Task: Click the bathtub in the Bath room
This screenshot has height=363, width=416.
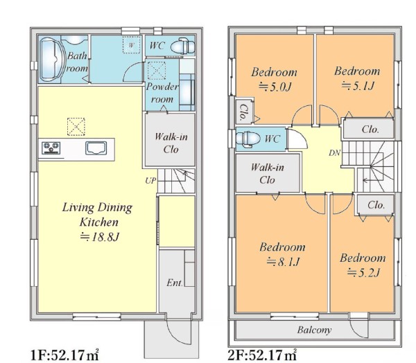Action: point(52,60)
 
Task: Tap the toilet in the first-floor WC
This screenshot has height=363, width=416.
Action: point(182,46)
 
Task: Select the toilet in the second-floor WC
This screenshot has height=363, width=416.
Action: point(248,139)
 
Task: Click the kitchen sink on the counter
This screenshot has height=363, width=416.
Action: point(96,148)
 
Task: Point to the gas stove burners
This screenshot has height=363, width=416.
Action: point(51,148)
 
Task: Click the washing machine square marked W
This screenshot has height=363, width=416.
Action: point(132,45)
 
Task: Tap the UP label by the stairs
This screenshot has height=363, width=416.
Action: point(150,181)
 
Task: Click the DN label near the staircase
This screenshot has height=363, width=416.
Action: point(334,153)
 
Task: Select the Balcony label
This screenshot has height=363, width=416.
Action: point(314,330)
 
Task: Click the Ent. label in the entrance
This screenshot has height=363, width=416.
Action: point(175,283)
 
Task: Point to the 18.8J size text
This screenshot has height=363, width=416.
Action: point(99,237)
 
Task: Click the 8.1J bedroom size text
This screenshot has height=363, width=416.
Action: point(283,262)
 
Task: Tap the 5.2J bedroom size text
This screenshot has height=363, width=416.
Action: point(364,272)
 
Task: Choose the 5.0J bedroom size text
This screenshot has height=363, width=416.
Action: point(275,87)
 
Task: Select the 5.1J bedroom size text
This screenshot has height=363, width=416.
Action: point(358,86)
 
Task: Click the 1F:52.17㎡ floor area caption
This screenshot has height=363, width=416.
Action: point(64,355)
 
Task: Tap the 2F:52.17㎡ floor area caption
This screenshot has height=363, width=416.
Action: point(262,355)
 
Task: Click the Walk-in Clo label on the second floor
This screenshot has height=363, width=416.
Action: point(268,174)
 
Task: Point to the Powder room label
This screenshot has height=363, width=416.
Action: point(162,93)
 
